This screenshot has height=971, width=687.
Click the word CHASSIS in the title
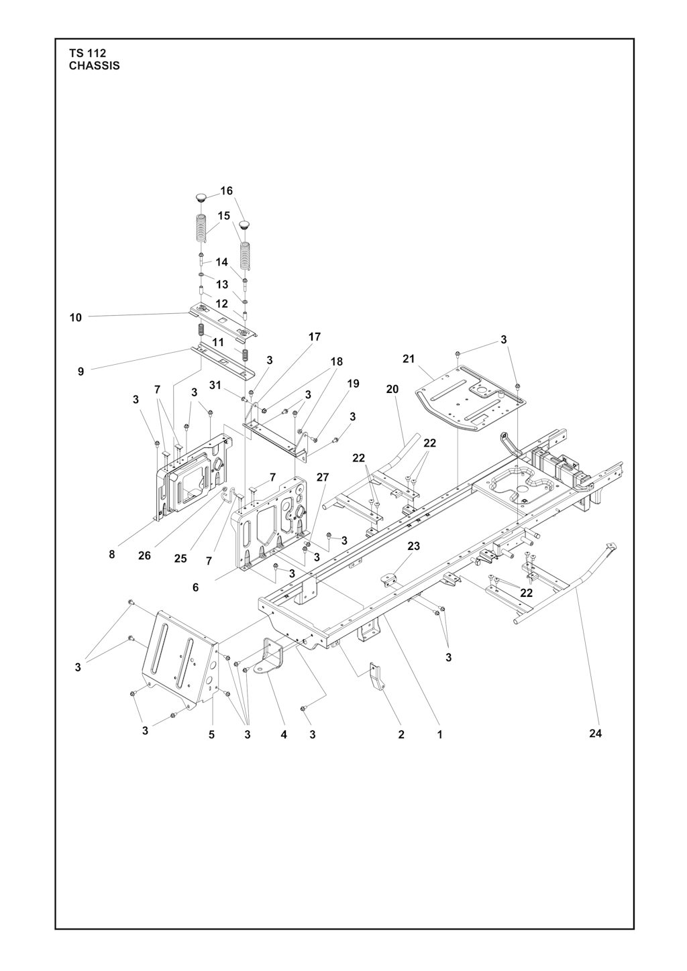94,66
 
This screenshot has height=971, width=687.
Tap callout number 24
596,734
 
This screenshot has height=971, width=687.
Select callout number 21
409,359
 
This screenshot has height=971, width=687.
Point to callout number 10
75,318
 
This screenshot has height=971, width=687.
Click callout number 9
81,372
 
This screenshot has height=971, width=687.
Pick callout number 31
215,384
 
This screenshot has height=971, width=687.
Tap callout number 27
322,477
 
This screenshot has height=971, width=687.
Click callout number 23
413,546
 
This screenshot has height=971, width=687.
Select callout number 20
392,389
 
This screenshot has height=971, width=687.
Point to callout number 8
112,554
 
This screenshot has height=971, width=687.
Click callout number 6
196,587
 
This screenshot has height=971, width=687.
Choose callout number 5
211,735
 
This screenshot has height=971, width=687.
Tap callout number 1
440,735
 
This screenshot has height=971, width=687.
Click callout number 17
315,337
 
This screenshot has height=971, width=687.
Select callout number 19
354,384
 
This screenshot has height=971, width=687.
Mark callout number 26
144,555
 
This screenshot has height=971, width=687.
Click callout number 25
180,559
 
